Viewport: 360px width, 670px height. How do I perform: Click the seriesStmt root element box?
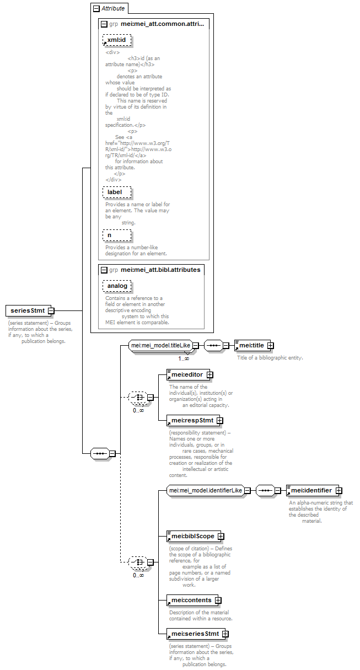28,310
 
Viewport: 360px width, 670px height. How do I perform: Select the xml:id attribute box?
117,40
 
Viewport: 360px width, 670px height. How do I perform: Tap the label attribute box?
117,192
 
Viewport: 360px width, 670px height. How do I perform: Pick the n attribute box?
117,235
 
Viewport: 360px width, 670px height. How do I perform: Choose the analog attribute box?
117,286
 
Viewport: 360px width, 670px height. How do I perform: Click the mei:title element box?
252,345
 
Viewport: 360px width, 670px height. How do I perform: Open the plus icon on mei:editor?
210,374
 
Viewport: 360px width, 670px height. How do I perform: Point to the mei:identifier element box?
313,490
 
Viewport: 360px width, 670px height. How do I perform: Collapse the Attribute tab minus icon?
96,9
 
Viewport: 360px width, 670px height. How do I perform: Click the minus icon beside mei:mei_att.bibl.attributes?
104,270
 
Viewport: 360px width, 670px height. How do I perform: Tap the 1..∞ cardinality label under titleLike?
184,358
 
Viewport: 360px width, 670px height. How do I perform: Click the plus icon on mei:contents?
218,600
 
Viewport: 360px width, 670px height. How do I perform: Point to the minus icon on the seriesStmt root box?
51,310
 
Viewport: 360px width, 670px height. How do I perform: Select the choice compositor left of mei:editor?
138,397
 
